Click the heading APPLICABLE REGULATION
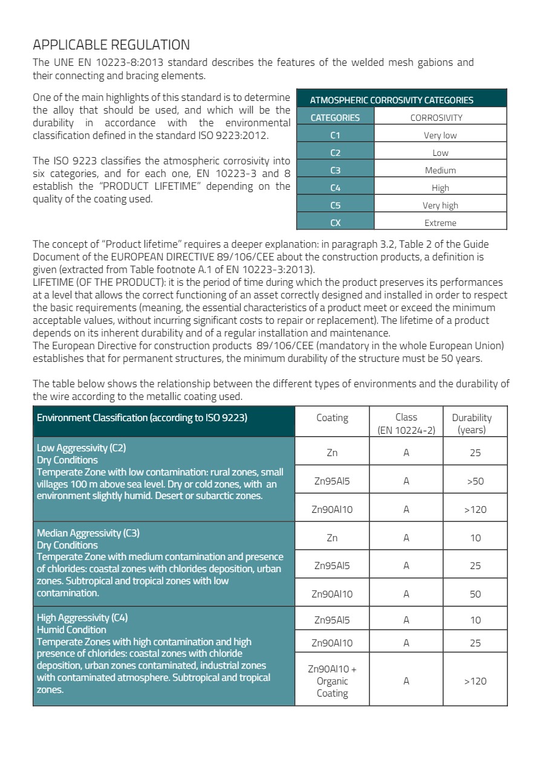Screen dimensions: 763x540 pos(111,45)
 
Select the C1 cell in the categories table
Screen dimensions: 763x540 pos(336,135)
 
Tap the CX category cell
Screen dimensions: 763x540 pos(336,223)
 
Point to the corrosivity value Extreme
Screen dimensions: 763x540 pos(440,223)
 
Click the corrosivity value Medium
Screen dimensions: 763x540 pos(440,170)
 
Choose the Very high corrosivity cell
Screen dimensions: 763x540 pos(440,205)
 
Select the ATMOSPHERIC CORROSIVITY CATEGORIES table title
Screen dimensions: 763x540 pos(391,100)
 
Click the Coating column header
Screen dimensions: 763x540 pos(332,417)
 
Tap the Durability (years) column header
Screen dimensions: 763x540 pos(475,423)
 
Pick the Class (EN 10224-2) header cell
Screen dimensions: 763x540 pos(406,423)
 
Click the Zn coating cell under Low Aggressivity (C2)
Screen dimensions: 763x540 pos(332,452)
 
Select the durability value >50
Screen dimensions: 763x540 pos(475,481)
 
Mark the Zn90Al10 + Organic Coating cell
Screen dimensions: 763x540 pos(332,681)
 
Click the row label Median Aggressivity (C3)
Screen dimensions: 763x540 pos(88,533)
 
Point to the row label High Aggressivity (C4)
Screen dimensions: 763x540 pos(82,618)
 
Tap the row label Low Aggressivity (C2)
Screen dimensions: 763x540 pos(81,448)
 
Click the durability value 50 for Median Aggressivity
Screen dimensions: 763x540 pos(475,594)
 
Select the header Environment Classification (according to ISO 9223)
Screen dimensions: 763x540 pos(142,417)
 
